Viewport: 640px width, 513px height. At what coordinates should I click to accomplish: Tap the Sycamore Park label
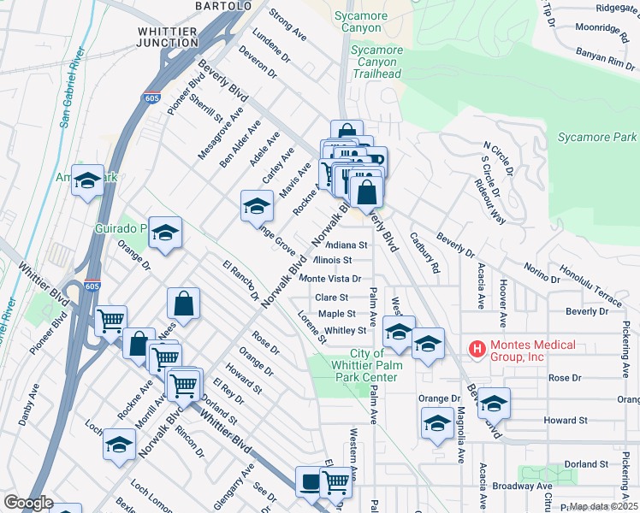pos(597,137)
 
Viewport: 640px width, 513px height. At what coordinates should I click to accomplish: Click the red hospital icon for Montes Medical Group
pos(477,349)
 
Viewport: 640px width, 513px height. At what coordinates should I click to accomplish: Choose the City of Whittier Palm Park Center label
pos(374,366)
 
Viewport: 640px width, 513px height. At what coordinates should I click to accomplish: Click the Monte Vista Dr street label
pos(335,279)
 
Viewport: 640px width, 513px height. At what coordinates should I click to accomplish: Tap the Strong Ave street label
pos(287,25)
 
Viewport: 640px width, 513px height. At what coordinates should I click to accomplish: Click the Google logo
pos(27,503)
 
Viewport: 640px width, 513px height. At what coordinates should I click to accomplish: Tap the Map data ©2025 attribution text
pos(603,506)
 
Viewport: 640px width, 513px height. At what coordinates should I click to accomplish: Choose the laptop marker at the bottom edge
pos(309,483)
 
